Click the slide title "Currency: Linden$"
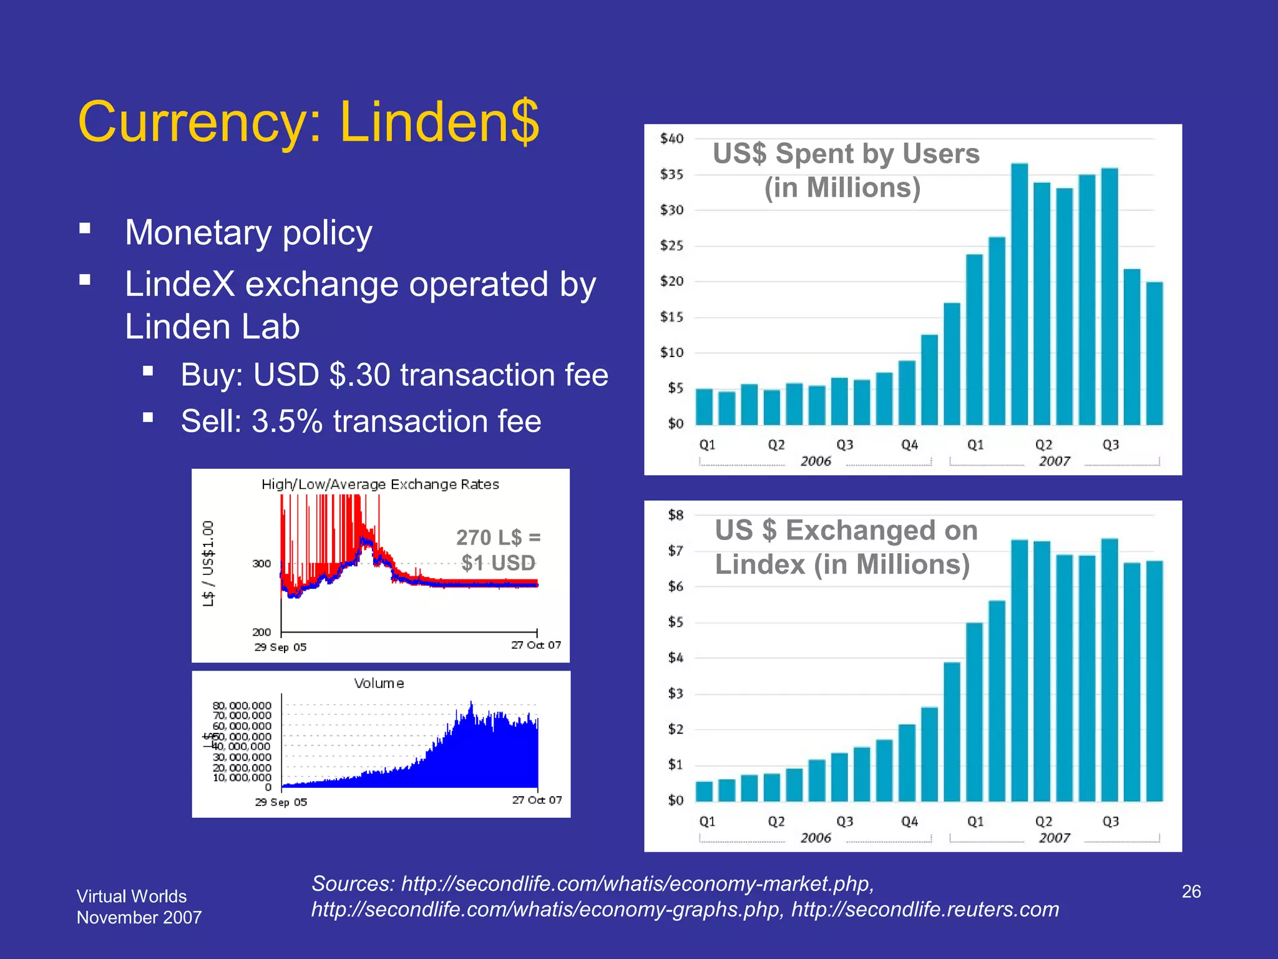(308, 122)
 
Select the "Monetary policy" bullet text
(248, 233)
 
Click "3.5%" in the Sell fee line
(287, 421)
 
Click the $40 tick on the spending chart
(671, 139)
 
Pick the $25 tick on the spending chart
(671, 246)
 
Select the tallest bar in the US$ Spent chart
(1019, 293)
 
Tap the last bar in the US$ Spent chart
(1154, 353)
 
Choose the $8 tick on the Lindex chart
(675, 515)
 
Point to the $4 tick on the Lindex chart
(675, 658)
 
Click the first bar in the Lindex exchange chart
(704, 791)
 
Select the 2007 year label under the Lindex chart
(1054, 838)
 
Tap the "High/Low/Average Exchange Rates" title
(380, 484)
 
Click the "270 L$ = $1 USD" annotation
(498, 550)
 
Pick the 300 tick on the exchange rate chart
(261, 564)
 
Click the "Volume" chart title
(379, 684)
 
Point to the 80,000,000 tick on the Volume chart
(242, 706)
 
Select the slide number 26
(1191, 892)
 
